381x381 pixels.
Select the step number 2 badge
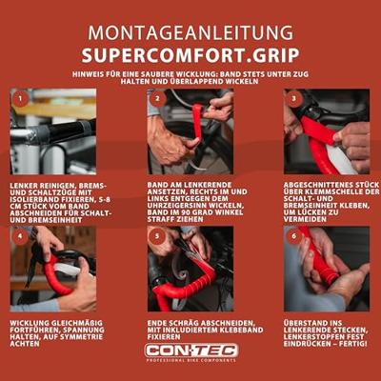point(157,97)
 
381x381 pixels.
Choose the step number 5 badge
point(157,234)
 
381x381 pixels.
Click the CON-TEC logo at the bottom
point(190,351)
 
